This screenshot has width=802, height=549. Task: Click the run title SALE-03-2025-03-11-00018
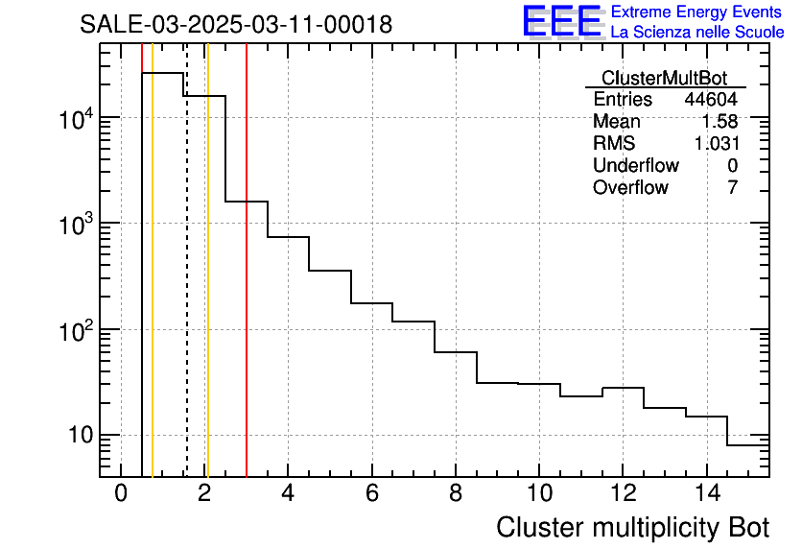[x=236, y=25]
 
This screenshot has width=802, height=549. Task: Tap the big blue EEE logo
[x=561, y=21]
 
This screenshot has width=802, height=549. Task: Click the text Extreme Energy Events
[x=696, y=12]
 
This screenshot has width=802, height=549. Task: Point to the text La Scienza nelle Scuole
[x=696, y=32]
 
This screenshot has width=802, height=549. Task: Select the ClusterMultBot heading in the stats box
[x=664, y=78]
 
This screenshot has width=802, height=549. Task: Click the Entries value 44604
[x=711, y=100]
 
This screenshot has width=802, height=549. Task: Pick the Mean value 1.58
[x=719, y=122]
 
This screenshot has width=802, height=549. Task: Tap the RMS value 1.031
[x=716, y=144]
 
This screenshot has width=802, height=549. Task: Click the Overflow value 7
[x=732, y=188]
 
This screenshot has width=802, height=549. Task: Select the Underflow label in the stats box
[x=635, y=166]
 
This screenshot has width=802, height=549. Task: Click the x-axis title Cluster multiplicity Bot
[x=632, y=528]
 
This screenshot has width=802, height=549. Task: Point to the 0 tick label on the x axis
[x=121, y=493]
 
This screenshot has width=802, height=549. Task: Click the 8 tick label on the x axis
[x=456, y=493]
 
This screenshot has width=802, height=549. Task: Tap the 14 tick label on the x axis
[x=706, y=493]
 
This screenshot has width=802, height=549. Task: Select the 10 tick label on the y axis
[x=75, y=435]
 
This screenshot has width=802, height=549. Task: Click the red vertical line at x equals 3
[x=247, y=288]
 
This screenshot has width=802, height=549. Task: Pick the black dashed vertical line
[x=186, y=288]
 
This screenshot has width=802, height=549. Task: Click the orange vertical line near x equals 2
[x=207, y=288]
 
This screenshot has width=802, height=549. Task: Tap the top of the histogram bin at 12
[x=623, y=388]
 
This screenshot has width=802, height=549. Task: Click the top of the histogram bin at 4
[x=288, y=237]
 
